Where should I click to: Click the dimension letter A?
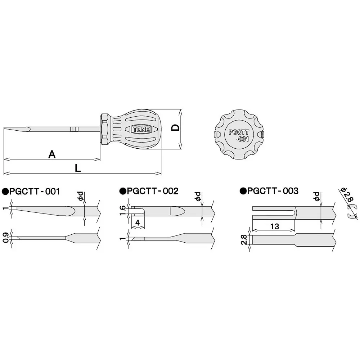tap(52, 154)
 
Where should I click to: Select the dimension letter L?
tap(78, 168)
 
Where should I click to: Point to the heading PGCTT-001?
tap(34, 191)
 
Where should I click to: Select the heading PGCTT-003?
tap(273, 191)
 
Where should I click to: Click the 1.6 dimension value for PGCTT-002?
tap(122, 210)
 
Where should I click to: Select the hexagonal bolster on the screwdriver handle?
tap(104, 129)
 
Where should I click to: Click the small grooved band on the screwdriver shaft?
tap(74, 129)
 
